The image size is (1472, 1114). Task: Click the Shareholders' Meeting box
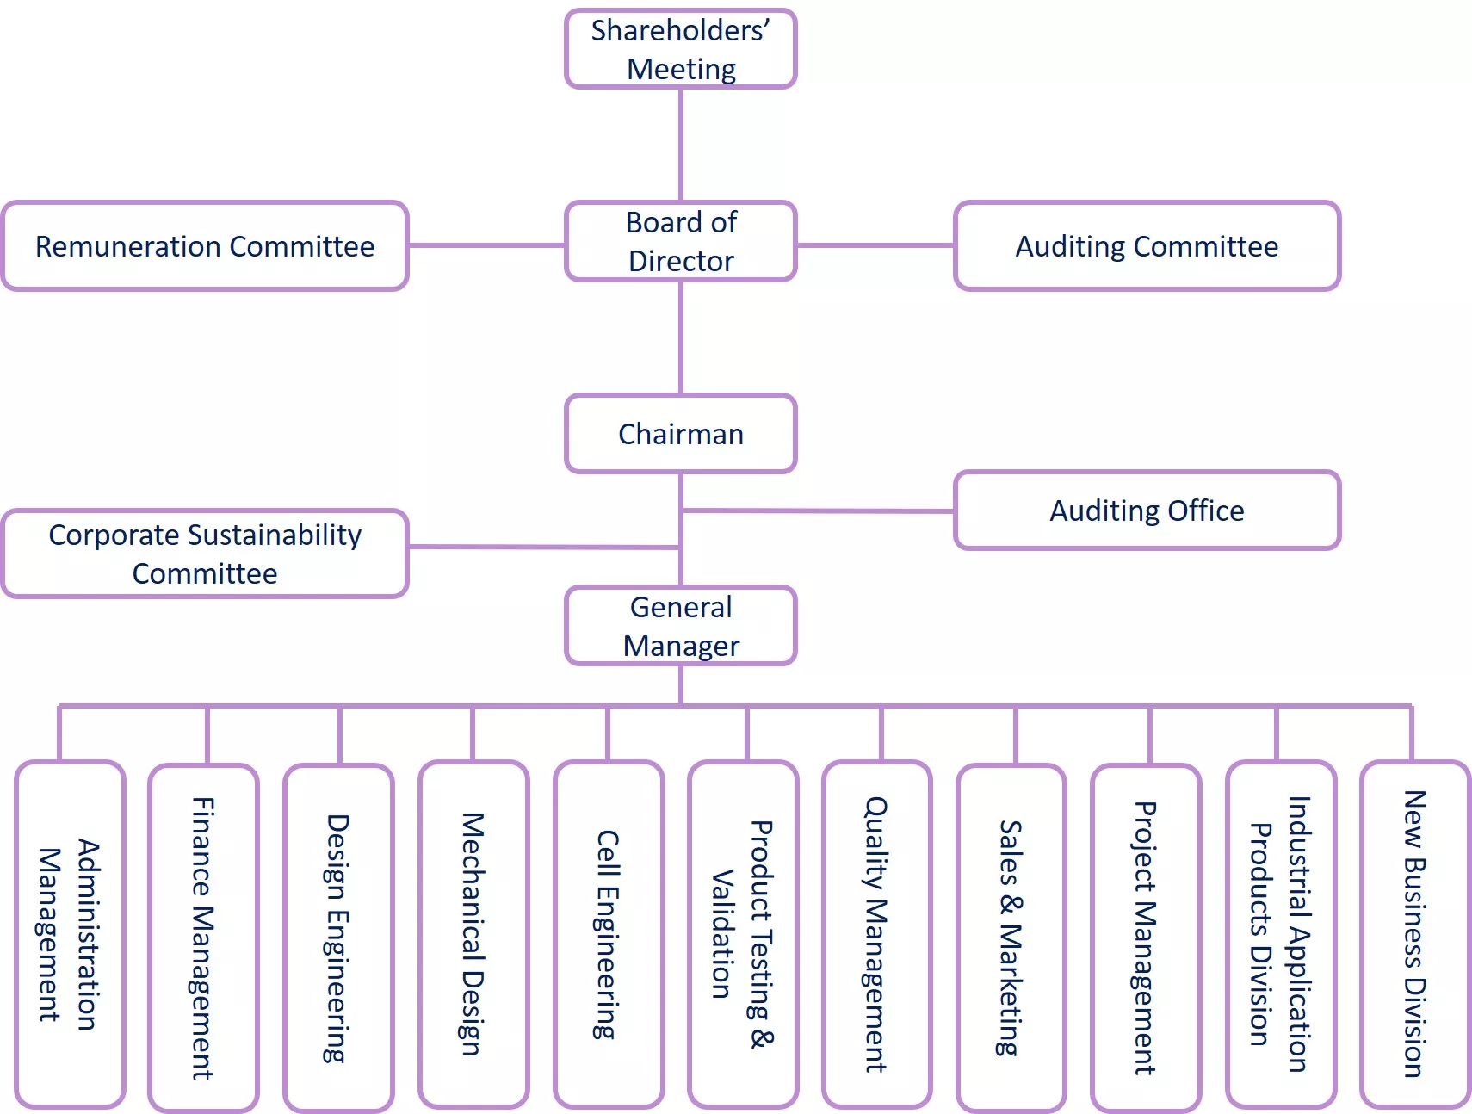[680, 49]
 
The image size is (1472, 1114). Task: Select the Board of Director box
[680, 241]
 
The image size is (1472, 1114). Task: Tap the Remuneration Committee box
[205, 246]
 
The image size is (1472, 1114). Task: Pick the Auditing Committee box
[1147, 246]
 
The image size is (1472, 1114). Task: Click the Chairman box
[680, 434]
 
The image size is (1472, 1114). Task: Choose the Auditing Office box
[1147, 511]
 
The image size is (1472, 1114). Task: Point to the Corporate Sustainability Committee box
[205, 554]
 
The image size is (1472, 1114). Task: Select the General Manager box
[680, 626]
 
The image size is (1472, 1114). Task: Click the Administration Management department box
[70, 934]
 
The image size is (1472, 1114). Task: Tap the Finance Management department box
[203, 937]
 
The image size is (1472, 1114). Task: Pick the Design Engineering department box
[338, 937]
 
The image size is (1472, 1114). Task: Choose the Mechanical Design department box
[473, 934]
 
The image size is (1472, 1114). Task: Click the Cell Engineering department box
[609, 934]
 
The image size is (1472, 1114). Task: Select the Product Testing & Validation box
[743, 934]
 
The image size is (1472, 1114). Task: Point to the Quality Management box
[876, 934]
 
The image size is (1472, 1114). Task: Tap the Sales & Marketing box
[1011, 937]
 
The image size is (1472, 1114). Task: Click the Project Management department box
[1145, 937]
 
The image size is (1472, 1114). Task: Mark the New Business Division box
[1414, 934]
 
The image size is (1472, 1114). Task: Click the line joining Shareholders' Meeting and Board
[681, 145]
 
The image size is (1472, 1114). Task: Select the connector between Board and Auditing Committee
[875, 245]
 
